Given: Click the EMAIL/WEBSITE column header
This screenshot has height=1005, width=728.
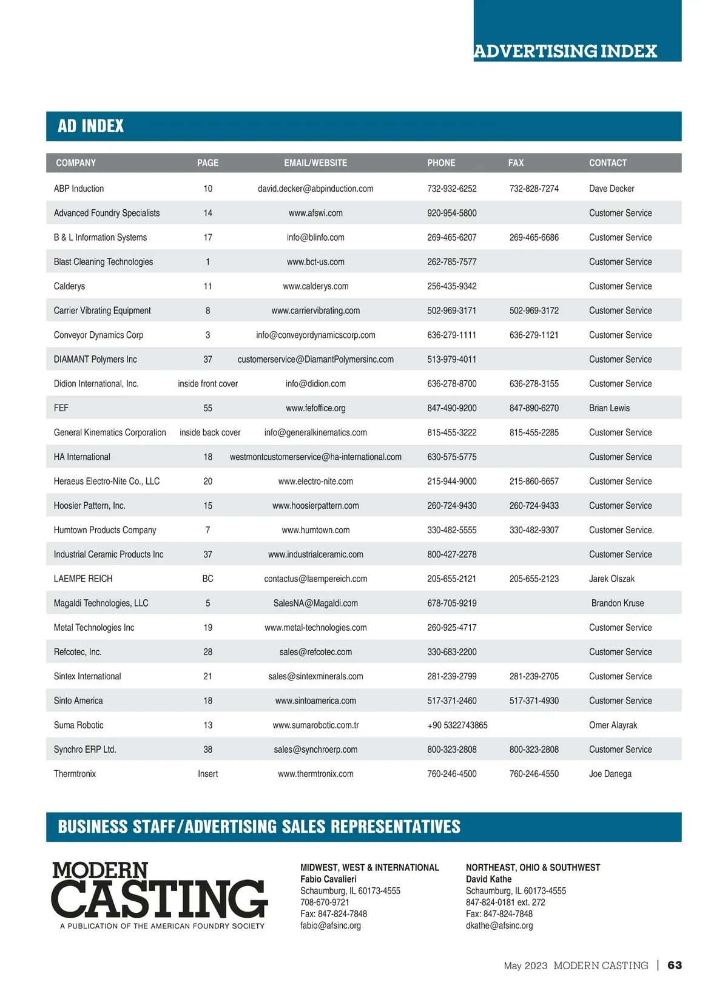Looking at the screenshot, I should pos(315,163).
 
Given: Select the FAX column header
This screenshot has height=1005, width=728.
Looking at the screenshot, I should pos(516,163).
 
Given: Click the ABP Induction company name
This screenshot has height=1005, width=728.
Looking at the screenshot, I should pos(79,189).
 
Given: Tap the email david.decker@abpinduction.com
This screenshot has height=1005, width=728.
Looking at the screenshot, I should pos(315,189).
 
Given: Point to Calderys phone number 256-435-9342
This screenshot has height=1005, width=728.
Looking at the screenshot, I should pos(451,286).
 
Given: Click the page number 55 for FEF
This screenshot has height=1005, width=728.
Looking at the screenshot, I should pos(207,408).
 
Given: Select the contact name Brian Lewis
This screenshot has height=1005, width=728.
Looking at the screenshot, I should pos(609,408).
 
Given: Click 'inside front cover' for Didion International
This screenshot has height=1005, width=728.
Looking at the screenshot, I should pos(207,384).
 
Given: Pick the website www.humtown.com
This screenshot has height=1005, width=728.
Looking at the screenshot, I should pos(315,530).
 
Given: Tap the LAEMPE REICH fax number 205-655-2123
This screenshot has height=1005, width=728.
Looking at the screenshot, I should pos(534,579).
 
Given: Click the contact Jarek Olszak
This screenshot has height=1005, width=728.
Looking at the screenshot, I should pos(612,579).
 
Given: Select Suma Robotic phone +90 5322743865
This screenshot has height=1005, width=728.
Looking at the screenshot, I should pos(457,725).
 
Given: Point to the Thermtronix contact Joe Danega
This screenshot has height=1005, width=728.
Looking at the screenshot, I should pos(610,774).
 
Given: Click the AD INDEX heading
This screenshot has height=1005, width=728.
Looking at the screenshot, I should pos(91,126).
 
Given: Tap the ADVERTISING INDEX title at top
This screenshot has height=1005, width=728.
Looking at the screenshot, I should pos(565,51).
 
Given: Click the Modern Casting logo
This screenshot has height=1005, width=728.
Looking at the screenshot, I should pos(159,895).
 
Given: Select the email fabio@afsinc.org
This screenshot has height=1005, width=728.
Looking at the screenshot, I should pos(331,926).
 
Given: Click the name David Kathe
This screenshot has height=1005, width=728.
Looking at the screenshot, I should pos(488,879).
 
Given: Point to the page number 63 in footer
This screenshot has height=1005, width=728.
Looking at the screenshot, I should pos(675,965).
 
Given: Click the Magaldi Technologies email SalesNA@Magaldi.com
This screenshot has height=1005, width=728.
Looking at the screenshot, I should pos(315,603).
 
